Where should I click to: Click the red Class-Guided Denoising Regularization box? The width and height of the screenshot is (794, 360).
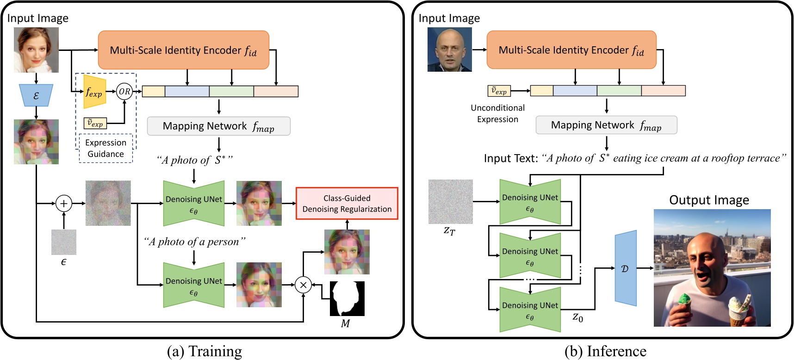point(347,203)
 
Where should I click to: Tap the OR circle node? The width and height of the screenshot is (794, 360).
point(124,92)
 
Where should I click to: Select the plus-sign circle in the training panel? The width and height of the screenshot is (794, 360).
point(64,203)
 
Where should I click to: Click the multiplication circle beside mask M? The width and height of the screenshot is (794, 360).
point(303,285)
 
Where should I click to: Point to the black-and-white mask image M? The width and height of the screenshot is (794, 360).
point(347,298)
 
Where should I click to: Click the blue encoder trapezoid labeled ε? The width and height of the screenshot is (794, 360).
point(36,95)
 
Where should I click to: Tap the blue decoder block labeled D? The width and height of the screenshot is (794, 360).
point(625,268)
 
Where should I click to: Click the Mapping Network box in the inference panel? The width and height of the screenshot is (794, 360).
point(606,125)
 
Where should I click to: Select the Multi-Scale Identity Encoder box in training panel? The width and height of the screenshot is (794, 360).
point(183,50)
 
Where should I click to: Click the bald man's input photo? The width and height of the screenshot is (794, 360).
point(449,50)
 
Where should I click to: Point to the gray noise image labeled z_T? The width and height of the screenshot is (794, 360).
point(450,202)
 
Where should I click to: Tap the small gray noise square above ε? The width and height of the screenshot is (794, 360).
point(64,242)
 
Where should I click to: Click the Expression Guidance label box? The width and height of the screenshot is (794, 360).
point(105,148)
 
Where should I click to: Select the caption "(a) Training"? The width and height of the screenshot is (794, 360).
point(204,351)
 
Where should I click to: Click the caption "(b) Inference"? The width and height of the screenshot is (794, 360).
point(605,351)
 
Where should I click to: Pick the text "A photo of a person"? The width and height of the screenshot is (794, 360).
point(194,242)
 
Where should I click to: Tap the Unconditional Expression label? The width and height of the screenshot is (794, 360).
point(497,113)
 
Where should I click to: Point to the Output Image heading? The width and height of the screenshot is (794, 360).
point(709,200)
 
